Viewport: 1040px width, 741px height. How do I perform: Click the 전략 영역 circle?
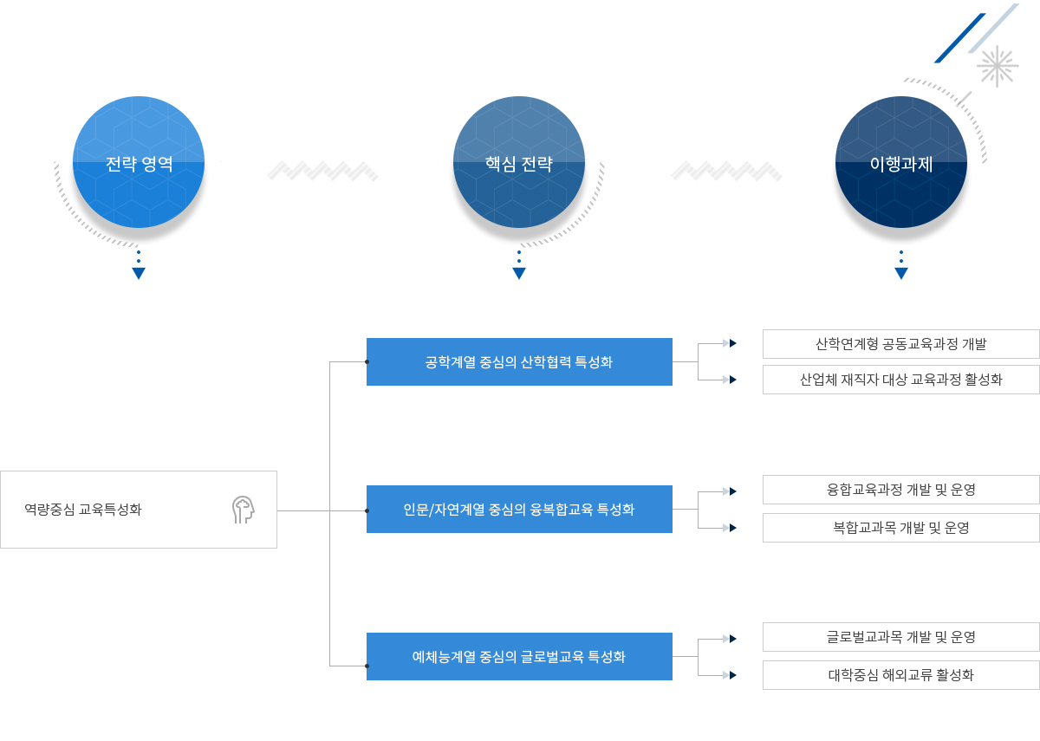pos(139,162)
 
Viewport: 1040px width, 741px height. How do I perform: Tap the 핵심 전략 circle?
pos(519,162)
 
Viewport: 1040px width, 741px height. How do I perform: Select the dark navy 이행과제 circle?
pos(901,162)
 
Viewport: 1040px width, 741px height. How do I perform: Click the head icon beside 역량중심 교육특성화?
pos(244,510)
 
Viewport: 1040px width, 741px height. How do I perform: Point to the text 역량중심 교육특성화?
pos(83,510)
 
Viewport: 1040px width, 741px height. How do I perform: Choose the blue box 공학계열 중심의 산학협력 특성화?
pos(519,361)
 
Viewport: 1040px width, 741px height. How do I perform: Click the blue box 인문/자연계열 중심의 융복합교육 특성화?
pos(519,509)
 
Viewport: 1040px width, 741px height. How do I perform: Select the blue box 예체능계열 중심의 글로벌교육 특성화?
pos(519,657)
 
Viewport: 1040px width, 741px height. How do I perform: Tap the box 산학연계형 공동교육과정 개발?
pos(900,344)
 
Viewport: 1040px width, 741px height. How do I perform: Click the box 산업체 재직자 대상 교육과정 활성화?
pos(900,380)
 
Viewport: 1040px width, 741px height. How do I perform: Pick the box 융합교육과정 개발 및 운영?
pos(900,490)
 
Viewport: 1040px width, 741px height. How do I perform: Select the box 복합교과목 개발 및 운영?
pos(900,528)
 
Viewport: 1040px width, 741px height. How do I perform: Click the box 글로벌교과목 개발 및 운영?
pos(900,637)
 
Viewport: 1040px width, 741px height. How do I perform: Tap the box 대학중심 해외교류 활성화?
pos(900,675)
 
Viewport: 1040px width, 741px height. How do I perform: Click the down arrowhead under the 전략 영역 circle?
pos(139,273)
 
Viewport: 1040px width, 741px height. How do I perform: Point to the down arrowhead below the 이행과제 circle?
pos(901,273)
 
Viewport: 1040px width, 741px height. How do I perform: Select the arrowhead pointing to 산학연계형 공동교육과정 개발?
pos(732,343)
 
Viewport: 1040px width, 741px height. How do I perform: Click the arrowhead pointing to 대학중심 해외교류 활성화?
pos(732,675)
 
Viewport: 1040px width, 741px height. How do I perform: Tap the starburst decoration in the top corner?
pos(998,67)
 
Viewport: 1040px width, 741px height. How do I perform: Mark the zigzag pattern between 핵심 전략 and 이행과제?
pos(726,171)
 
